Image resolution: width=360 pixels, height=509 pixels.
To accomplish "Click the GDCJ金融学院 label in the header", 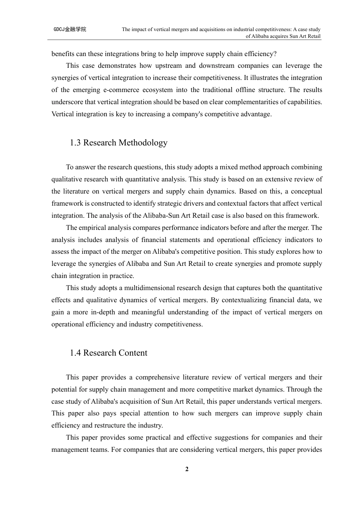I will click(x=70, y=29).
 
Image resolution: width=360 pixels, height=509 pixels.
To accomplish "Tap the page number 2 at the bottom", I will click(x=187, y=470).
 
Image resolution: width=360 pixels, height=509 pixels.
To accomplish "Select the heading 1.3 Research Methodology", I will click(x=119, y=143).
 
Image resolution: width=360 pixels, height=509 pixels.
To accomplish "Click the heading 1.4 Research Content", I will click(x=108, y=353).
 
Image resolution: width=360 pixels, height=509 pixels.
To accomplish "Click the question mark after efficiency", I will click(x=275, y=54).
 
